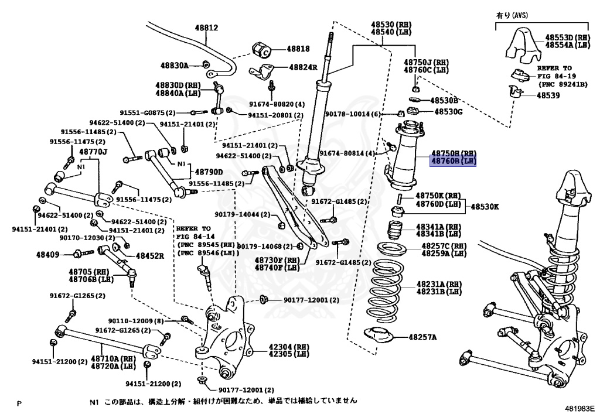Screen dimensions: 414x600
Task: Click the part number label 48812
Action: point(206,28)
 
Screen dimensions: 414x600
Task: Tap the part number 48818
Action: point(298,50)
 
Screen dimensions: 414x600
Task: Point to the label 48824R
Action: point(302,67)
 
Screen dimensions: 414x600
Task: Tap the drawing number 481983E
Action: point(580,408)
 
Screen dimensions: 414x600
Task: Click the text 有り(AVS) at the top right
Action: point(512,16)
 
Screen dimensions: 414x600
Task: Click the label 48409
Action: point(47,254)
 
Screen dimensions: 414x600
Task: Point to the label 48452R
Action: point(149,255)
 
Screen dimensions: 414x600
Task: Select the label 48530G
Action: point(448,111)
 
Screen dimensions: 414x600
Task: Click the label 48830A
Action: point(173,66)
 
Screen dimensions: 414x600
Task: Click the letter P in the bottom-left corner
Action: point(19,403)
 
